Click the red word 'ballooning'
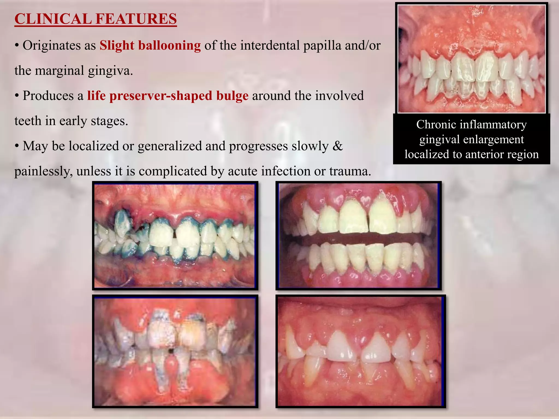tap(170, 45)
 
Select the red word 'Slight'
tap(117, 45)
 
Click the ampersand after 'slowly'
tap(338, 146)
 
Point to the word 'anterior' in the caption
tap(483, 154)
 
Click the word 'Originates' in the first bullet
tap(52, 45)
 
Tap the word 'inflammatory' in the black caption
tap(493, 125)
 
